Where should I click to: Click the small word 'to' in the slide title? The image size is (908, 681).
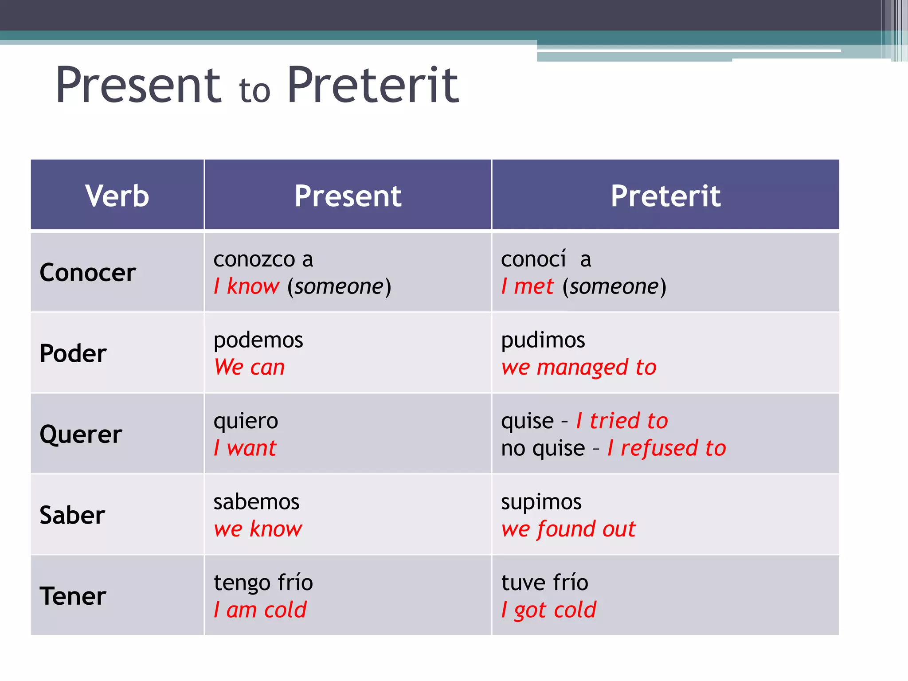[x=254, y=91]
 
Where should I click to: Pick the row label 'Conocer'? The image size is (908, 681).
[x=88, y=272]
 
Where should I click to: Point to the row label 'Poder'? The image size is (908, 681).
[x=73, y=353]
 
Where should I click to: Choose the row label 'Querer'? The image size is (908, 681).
[x=81, y=434]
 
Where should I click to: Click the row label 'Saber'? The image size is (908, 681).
[x=72, y=515]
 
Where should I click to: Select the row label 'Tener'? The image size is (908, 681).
[x=73, y=596]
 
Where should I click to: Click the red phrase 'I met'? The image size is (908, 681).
[x=527, y=286]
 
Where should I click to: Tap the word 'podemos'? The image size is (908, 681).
[x=258, y=340]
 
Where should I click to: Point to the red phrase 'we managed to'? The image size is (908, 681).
[x=579, y=368]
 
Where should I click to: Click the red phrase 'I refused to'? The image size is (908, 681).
[x=666, y=448]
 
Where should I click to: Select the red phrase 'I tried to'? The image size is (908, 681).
[x=622, y=421]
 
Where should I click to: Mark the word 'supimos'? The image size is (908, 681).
[x=541, y=502]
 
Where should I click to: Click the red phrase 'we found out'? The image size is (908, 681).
[x=568, y=529]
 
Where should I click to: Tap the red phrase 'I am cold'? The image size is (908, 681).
[x=260, y=610]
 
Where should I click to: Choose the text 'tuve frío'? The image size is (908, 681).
[x=544, y=583]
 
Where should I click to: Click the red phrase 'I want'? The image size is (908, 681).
[x=245, y=448]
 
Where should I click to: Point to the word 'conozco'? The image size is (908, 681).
[x=254, y=259]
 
